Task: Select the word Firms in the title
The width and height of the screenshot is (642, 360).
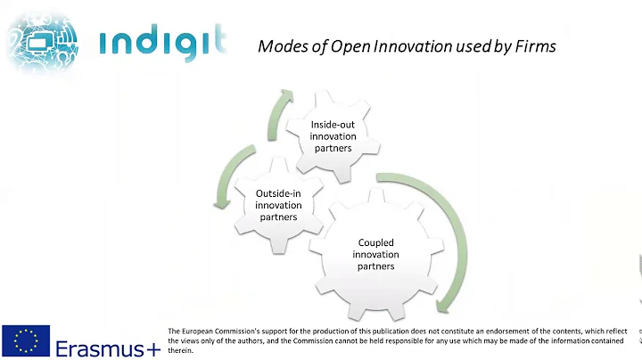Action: (x=536, y=45)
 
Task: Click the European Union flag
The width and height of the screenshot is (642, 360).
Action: (x=26, y=341)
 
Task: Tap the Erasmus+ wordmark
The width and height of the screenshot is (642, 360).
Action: (x=108, y=348)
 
